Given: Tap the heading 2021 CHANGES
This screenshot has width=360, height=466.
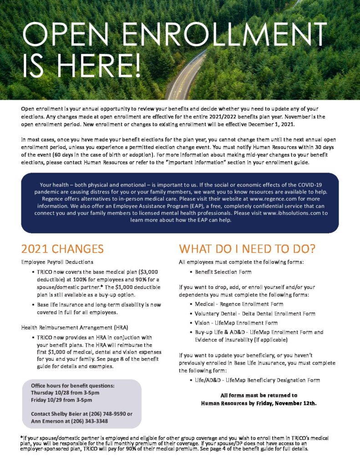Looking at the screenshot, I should tap(62, 249).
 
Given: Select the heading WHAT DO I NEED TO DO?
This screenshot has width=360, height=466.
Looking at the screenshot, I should tap(247, 249).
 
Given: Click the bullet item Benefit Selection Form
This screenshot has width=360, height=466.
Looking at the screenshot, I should tap(223, 272).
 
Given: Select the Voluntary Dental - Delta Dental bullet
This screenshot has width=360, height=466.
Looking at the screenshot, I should tap(255, 313).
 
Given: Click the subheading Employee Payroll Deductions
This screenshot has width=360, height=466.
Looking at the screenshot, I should tap(57, 262).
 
